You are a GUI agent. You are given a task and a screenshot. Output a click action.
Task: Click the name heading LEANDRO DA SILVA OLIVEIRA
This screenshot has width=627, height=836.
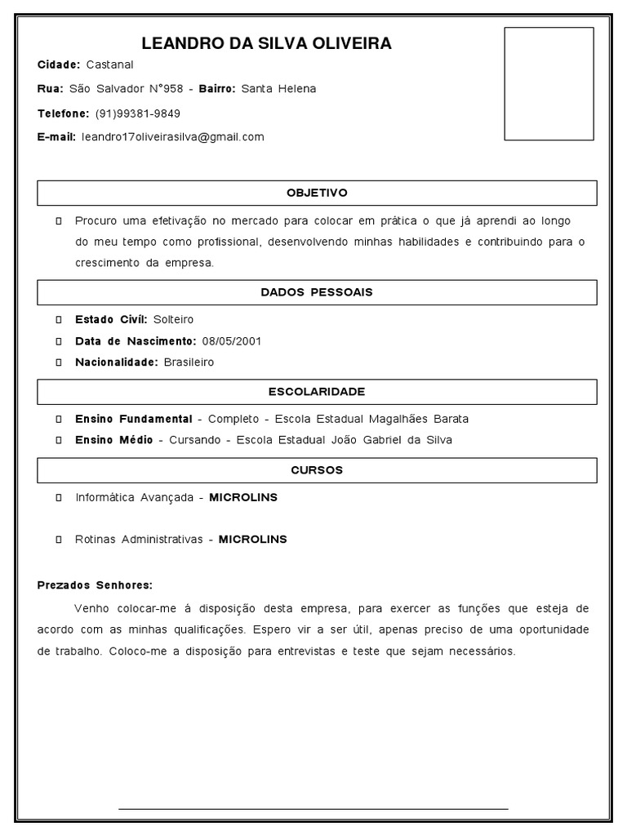266,43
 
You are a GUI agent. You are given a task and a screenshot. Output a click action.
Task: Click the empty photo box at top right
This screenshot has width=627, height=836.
548,83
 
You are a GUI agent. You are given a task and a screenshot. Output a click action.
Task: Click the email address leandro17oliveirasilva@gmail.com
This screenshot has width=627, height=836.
173,136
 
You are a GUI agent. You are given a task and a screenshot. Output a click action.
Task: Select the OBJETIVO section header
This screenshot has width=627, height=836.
317,193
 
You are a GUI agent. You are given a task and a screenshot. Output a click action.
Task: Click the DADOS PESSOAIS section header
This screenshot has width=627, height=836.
317,292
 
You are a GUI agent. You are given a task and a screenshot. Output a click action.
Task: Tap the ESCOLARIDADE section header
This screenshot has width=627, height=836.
317,392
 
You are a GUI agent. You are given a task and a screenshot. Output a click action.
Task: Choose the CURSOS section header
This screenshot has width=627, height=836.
317,470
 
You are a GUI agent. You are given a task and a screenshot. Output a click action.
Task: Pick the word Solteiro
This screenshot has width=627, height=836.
173,319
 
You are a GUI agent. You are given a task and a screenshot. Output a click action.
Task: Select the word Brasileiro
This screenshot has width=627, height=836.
189,362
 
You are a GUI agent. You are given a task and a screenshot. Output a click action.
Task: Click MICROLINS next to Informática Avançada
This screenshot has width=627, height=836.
243,497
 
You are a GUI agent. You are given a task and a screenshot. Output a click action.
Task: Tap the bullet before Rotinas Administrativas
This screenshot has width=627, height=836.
60,540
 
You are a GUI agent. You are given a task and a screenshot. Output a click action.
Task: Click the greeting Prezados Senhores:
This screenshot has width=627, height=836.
95,585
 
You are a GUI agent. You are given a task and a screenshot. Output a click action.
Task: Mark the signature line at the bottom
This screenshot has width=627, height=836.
313,808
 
